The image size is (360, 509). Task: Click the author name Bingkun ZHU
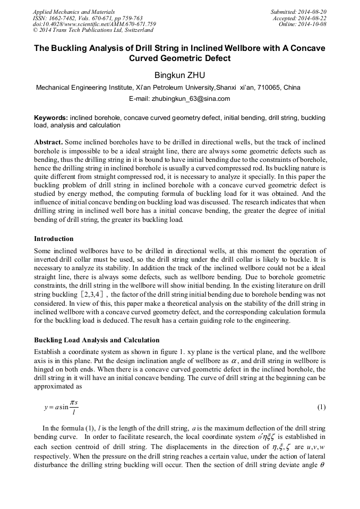tap(180, 75)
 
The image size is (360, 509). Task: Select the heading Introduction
tap(54, 239)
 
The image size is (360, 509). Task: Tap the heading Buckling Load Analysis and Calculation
tap(97, 340)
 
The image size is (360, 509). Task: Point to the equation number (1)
tap(321, 407)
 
